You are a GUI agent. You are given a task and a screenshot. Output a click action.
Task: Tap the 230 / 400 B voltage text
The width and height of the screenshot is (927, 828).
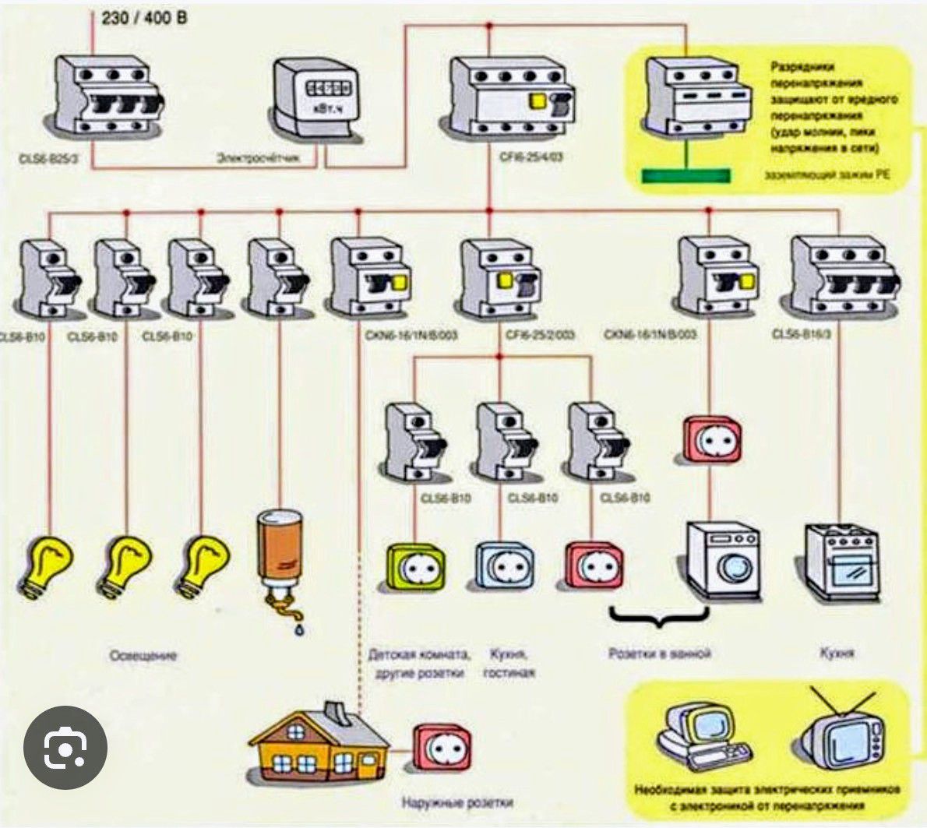tap(144, 16)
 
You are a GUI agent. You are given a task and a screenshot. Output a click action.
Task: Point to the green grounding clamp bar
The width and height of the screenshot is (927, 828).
tap(686, 176)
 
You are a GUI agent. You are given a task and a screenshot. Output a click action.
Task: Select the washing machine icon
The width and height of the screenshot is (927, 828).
tap(722, 561)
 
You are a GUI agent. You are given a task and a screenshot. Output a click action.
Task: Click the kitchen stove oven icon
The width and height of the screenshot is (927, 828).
tap(841, 562)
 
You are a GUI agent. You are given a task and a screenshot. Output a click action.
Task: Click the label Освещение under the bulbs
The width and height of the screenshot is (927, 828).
tap(143, 656)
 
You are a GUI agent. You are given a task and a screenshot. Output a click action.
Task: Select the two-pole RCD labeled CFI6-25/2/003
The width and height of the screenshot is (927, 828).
tap(499, 279)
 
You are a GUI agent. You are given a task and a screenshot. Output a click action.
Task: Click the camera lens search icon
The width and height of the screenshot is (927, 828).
tap(65, 748)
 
